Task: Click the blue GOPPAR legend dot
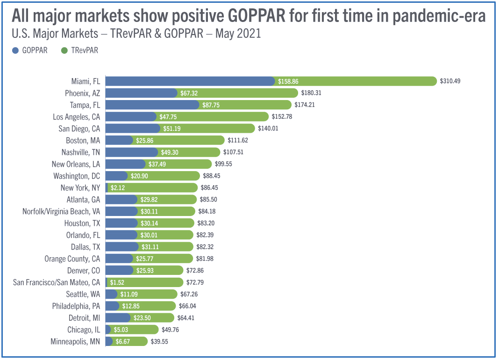[15, 50]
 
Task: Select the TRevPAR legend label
[85, 50]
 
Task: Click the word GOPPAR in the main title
[257, 16]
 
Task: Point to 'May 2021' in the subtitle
[238, 34]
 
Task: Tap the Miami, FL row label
[86, 81]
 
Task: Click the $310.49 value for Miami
[450, 81]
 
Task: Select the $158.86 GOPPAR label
[288, 81]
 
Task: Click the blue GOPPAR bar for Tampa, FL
[152, 105]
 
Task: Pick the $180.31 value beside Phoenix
[311, 93]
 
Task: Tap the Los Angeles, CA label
[76, 117]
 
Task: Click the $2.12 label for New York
[118, 188]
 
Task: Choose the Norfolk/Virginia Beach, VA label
[61, 211]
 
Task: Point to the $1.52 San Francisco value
[117, 282]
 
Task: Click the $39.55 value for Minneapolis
[159, 341]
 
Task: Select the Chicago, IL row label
[84, 330]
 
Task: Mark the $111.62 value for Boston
[238, 140]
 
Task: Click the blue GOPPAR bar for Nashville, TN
[132, 152]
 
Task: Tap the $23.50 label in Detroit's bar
[142, 318]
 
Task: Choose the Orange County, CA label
[72, 259]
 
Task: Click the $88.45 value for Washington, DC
[212, 176]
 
